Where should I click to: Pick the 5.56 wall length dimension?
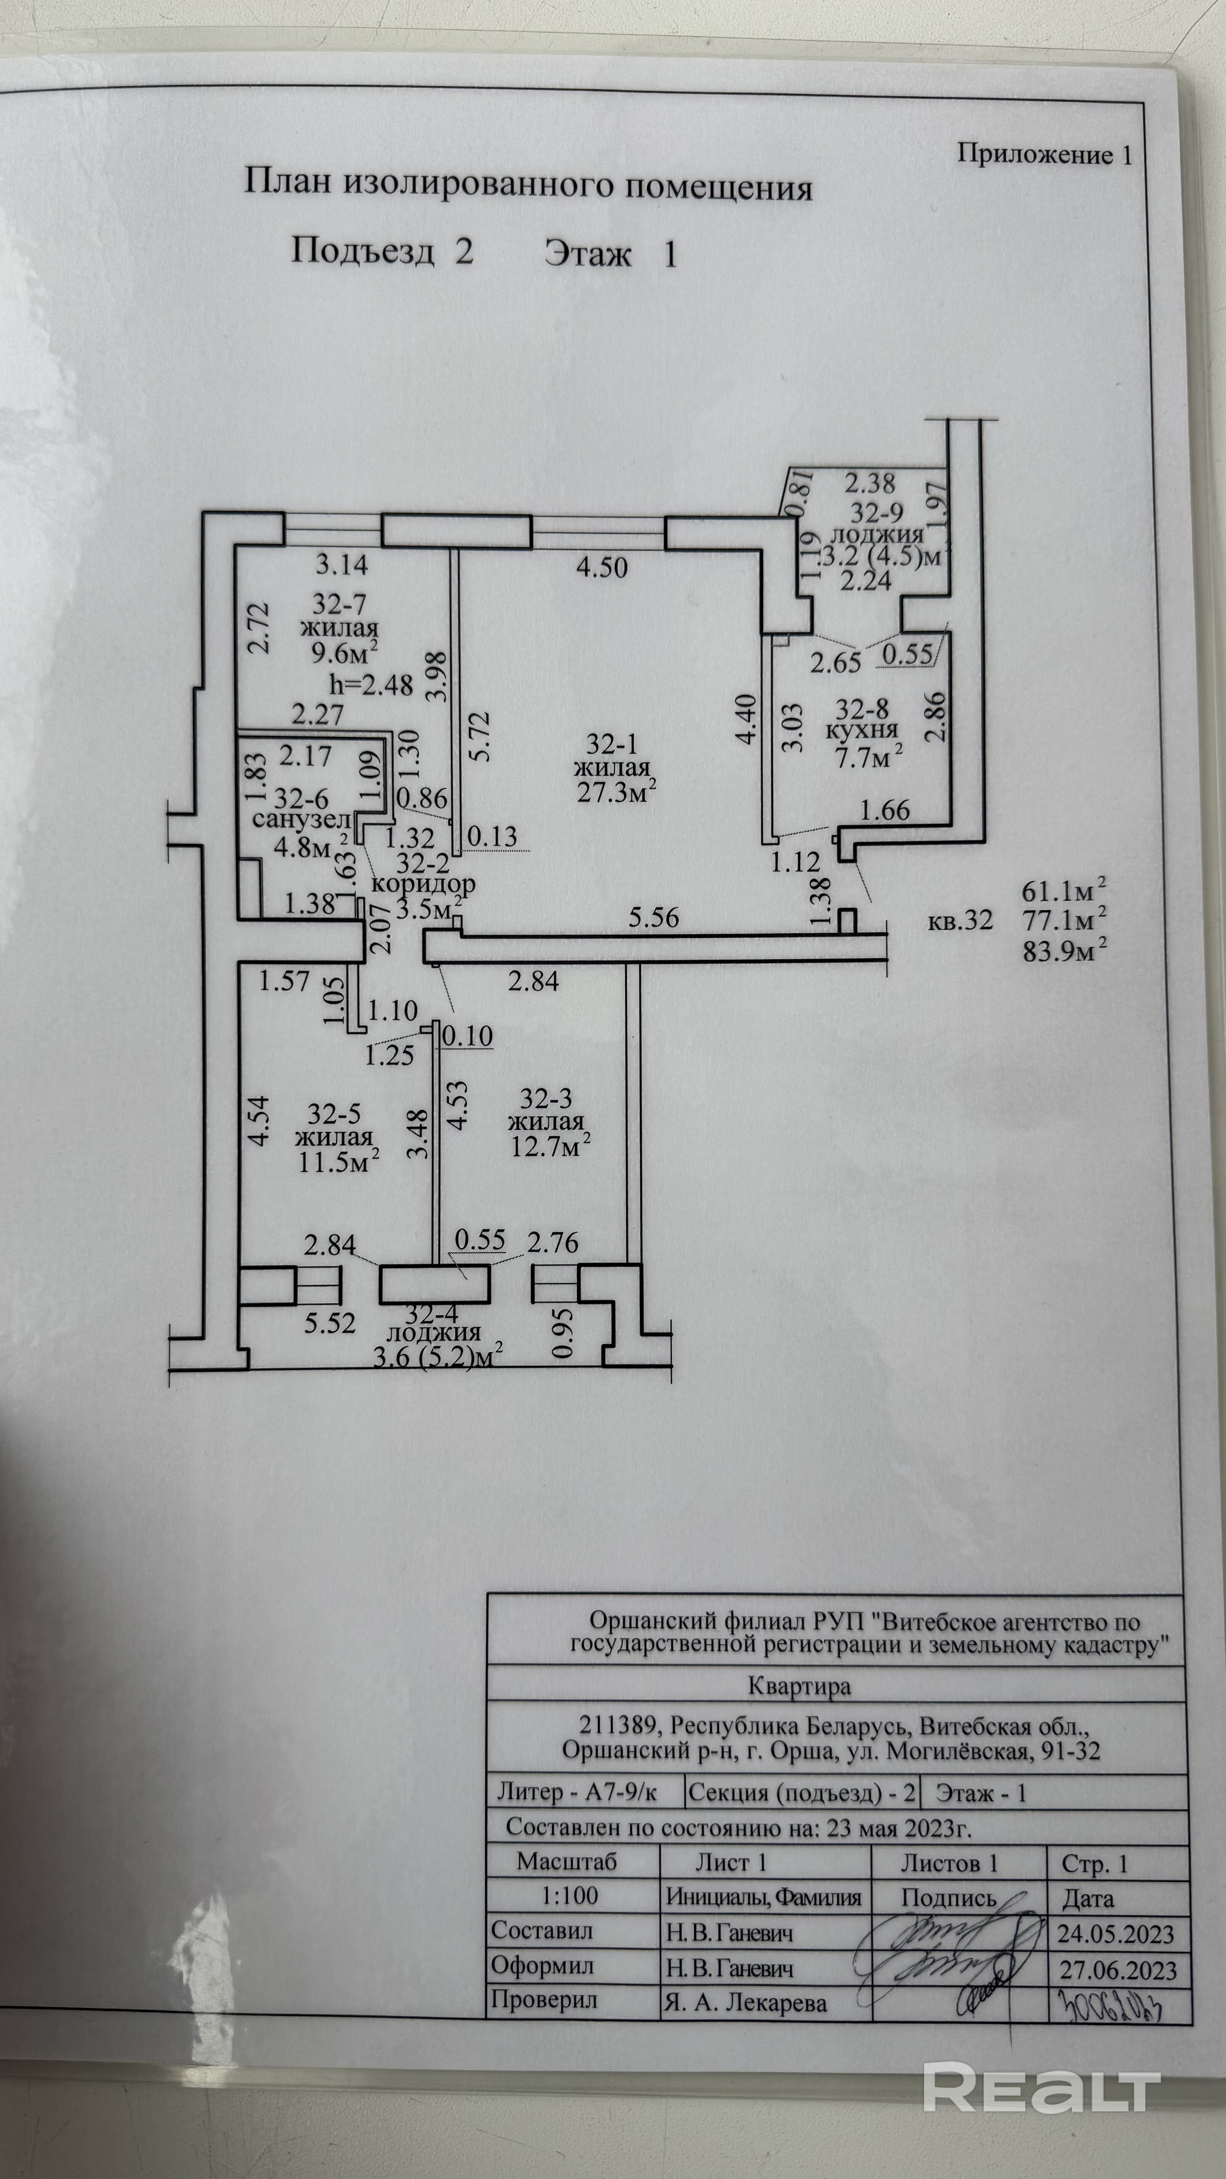(654, 917)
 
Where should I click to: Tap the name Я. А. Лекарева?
(744, 2004)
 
